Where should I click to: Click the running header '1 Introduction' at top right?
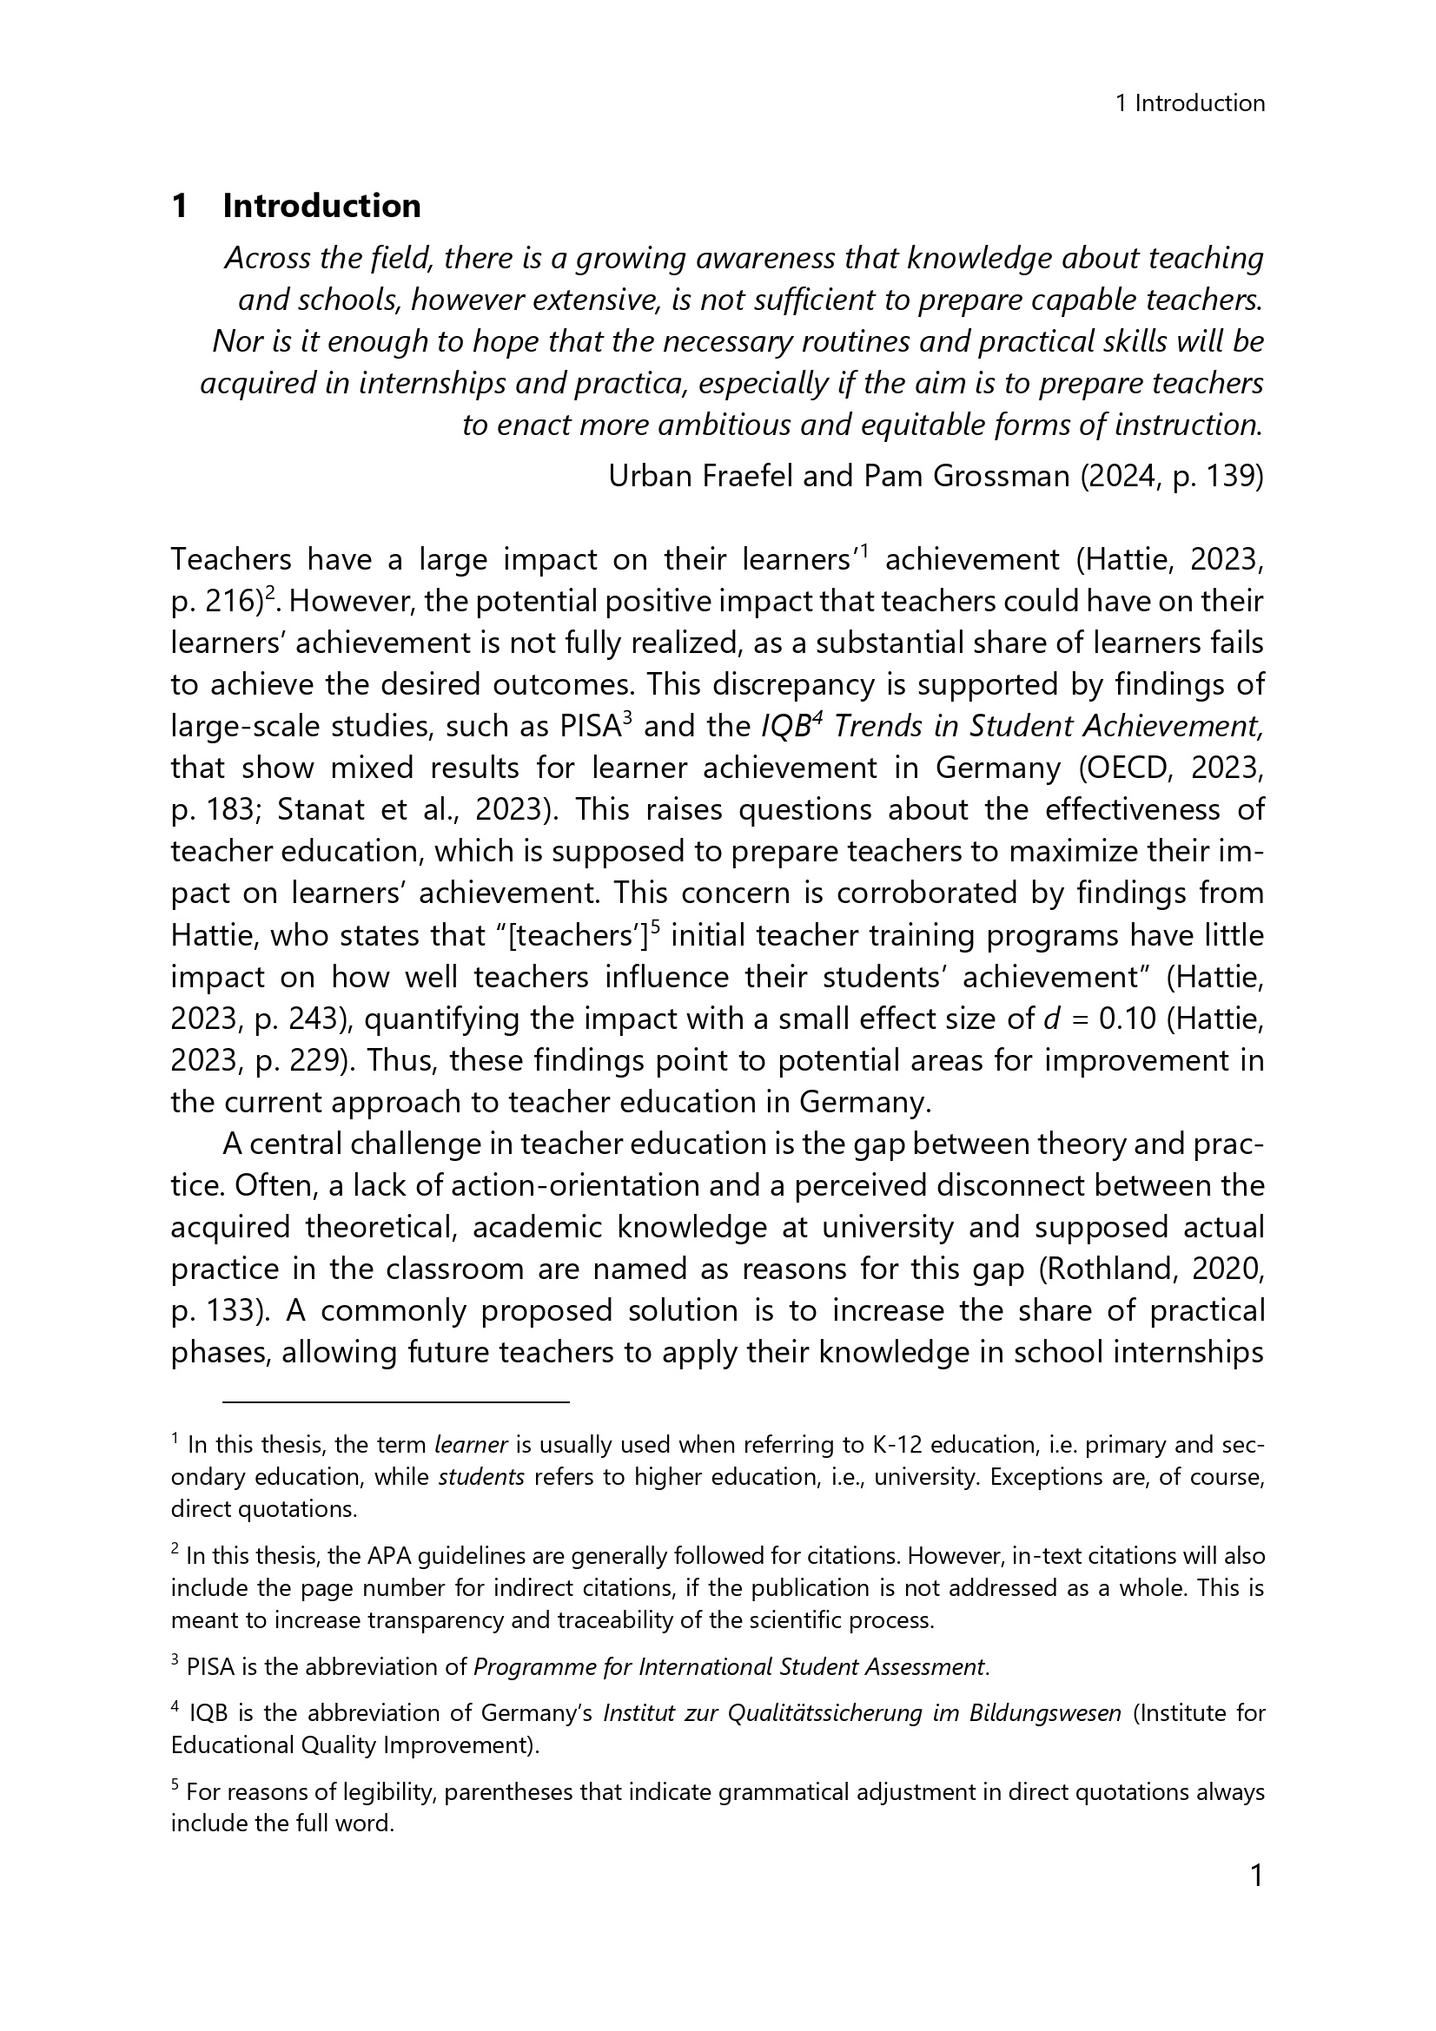tap(1190, 103)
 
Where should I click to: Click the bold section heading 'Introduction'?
tap(321, 206)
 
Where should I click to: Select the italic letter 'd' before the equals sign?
tap(1051, 1019)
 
